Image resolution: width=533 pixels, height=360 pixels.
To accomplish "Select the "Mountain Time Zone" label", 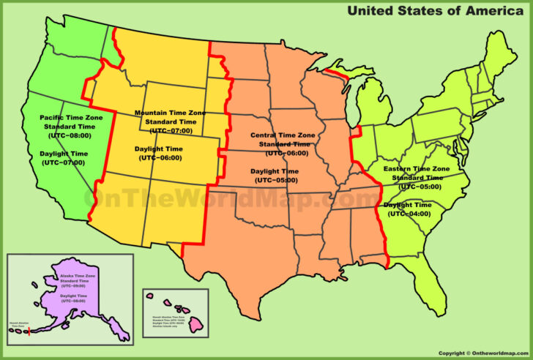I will click(170, 113).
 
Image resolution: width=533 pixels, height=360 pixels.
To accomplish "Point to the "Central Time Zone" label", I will click(283, 135).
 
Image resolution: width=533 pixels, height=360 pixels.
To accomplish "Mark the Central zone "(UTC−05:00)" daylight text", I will click(276, 180).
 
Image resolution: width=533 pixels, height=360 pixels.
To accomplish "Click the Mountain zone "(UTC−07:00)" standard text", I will click(170, 130).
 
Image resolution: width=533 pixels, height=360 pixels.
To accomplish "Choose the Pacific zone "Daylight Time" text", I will click(62, 153).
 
